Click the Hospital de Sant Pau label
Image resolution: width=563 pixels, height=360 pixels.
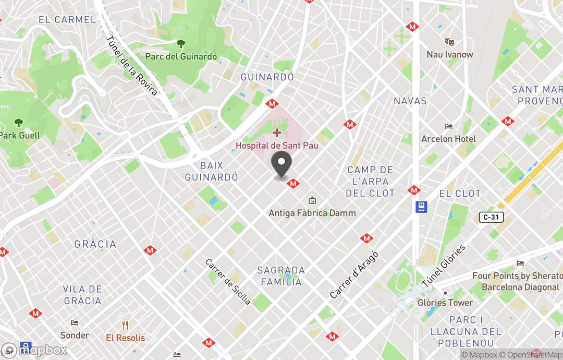pos(277,146)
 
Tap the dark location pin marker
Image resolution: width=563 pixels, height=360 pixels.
pos(282,165)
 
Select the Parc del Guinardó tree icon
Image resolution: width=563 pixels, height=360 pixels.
pos(181,44)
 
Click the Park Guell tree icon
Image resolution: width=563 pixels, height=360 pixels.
pos(19,123)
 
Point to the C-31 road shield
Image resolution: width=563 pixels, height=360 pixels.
pos(490,217)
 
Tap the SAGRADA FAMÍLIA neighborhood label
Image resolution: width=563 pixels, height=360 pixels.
pos(281,276)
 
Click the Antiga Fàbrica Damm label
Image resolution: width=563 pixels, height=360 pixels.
pos(312,213)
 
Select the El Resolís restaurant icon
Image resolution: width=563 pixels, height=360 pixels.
pos(125,325)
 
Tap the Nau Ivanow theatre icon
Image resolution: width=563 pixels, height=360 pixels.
pos(449,42)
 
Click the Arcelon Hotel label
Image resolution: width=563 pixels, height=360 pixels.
pos(448,139)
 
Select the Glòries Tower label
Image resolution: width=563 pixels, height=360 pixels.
pos(445,303)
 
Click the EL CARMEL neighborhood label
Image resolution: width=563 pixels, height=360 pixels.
pos(67,20)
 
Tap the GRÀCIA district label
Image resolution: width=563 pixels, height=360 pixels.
pos(95,244)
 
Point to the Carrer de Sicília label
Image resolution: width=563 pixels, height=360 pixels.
pos(228,282)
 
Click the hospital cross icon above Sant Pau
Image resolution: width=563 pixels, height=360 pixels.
pos(277,133)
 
